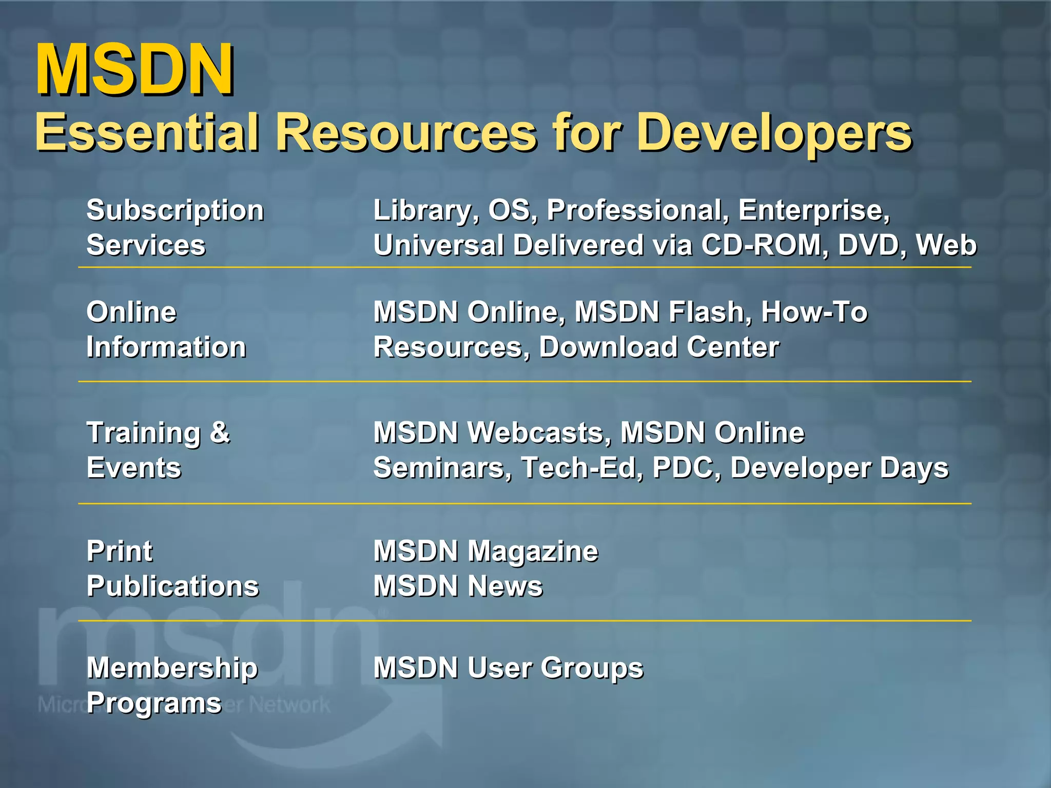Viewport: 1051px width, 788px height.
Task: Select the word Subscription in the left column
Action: click(x=175, y=210)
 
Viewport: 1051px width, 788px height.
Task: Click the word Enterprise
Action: click(x=814, y=210)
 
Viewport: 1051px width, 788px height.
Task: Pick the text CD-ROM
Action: click(x=764, y=245)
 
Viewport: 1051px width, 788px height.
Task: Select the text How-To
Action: click(x=814, y=312)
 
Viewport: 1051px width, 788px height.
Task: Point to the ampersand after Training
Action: click(x=220, y=432)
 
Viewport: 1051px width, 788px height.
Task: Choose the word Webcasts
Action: click(x=539, y=432)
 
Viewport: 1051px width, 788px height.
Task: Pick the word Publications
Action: click(x=173, y=586)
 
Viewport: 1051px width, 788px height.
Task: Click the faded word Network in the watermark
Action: click(x=290, y=705)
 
